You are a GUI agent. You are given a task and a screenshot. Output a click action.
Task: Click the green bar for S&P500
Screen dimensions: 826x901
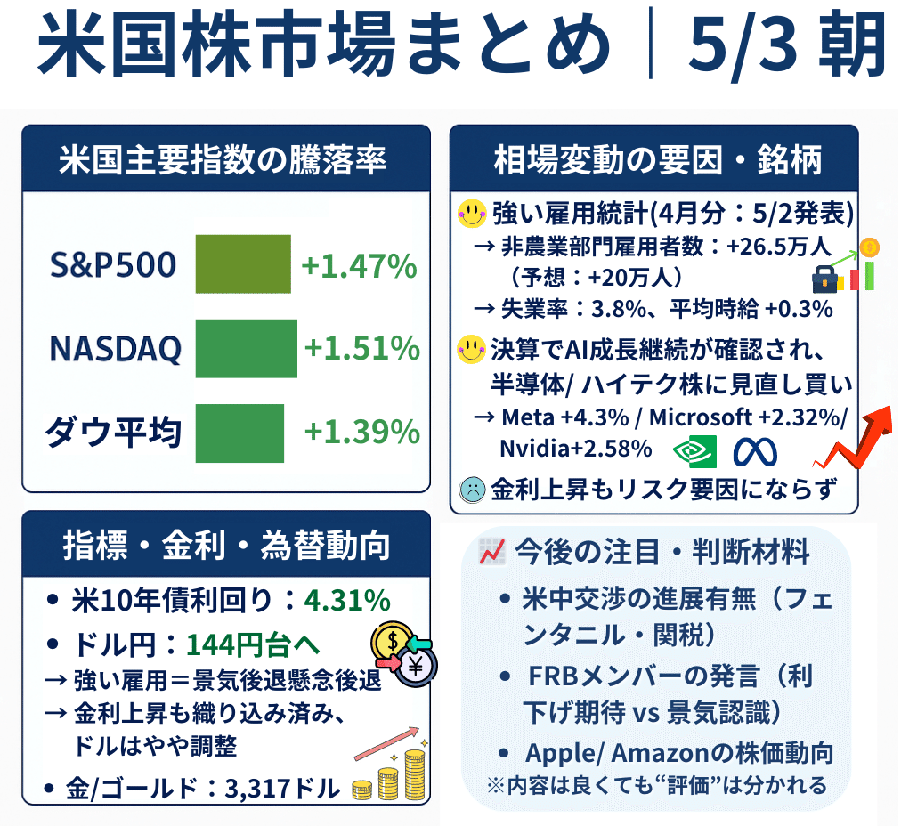click(243, 263)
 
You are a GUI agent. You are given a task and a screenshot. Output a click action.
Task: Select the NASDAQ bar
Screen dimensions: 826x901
click(246, 348)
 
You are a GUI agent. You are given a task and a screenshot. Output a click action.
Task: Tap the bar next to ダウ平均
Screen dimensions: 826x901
click(239, 433)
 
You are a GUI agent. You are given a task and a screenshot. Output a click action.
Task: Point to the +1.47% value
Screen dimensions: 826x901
click(359, 265)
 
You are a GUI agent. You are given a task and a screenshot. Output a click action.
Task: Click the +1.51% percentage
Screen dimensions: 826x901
click(361, 348)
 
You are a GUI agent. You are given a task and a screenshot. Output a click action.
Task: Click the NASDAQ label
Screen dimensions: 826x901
click(115, 349)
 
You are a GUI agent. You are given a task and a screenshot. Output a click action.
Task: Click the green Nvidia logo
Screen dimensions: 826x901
click(695, 451)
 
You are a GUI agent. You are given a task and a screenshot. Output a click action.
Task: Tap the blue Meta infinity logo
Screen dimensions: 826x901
click(755, 452)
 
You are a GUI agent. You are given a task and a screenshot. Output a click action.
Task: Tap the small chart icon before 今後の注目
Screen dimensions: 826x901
click(491, 552)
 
